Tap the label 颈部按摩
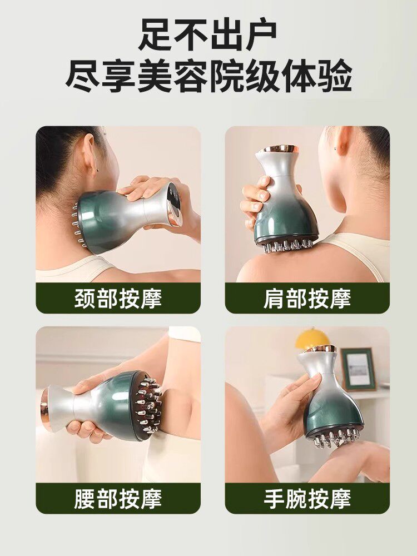click(118, 299)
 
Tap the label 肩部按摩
click(307, 299)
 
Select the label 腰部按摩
click(118, 499)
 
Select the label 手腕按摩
click(307, 499)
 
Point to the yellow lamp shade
click(312, 338)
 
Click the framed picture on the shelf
click(359, 368)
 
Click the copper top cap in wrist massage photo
click(321, 349)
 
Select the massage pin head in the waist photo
click(148, 405)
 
